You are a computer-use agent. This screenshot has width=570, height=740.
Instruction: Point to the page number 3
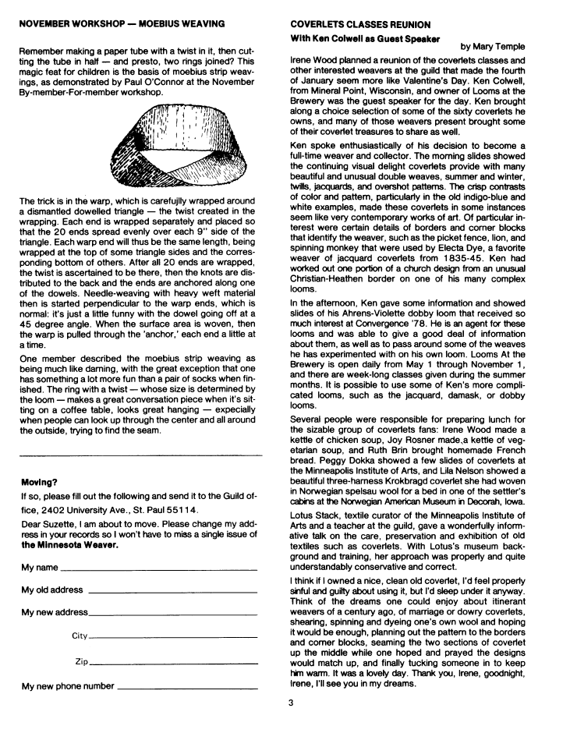click(290, 703)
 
